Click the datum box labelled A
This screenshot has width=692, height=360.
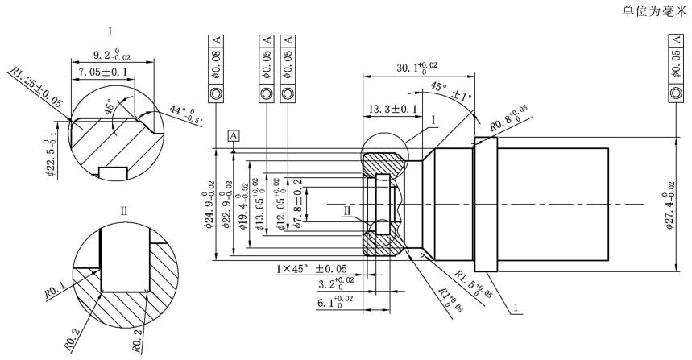tap(234, 135)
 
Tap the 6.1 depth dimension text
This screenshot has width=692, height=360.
tap(333, 304)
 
